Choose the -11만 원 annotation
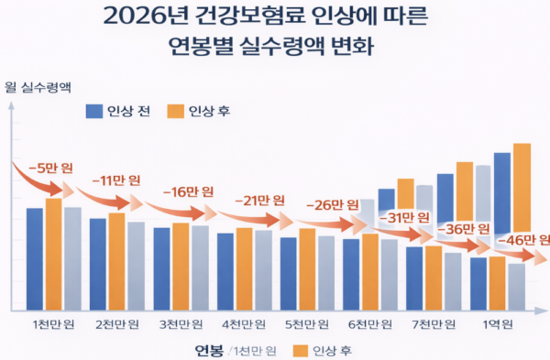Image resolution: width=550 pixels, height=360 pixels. pos(114,180)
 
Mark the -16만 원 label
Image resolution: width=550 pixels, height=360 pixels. pos(188,191)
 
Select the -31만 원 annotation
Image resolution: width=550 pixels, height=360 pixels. pos(401,217)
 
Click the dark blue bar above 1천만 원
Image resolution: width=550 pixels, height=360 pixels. pos(35,259)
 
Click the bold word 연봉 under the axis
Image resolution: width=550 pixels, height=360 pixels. pos(209,349)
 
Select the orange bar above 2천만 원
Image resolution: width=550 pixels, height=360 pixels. pos(116,262)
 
